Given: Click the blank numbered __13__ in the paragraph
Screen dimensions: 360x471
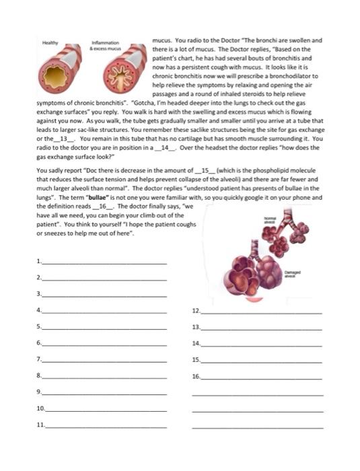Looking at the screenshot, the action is (x=66, y=138).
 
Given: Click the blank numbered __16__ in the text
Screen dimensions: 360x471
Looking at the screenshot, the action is (x=107, y=206).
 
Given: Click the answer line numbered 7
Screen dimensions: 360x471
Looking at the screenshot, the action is (x=104, y=360).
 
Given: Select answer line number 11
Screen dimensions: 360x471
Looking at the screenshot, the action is (x=104, y=425).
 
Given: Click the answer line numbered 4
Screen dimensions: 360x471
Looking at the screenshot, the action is (x=104, y=311).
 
